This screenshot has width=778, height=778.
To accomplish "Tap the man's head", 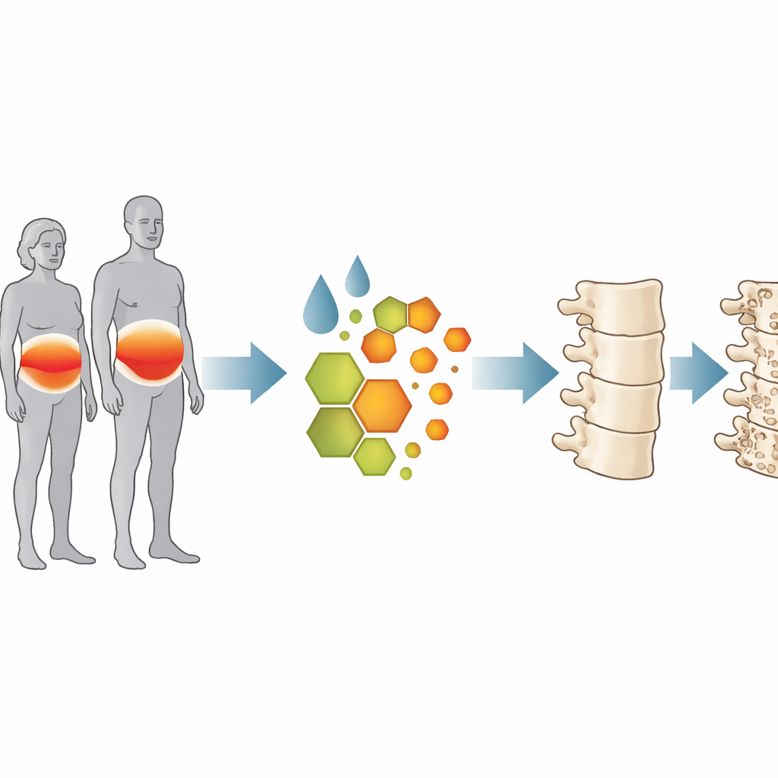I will [x=144, y=222].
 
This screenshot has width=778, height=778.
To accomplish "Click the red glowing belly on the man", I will [x=149, y=352].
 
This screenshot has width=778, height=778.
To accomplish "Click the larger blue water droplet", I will [x=320, y=305].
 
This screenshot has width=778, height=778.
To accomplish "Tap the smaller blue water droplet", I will [x=356, y=278].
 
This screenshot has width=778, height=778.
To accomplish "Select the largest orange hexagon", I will [x=382, y=405].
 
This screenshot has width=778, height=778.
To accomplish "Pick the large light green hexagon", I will [x=334, y=378].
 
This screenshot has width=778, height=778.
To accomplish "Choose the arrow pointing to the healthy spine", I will [x=514, y=372].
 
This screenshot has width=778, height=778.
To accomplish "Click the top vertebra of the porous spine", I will [x=756, y=305].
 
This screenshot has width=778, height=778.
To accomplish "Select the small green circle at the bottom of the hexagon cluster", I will [x=406, y=473].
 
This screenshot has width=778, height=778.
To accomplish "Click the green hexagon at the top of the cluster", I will [x=391, y=315].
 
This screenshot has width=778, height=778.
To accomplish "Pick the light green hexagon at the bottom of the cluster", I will [x=375, y=457].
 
